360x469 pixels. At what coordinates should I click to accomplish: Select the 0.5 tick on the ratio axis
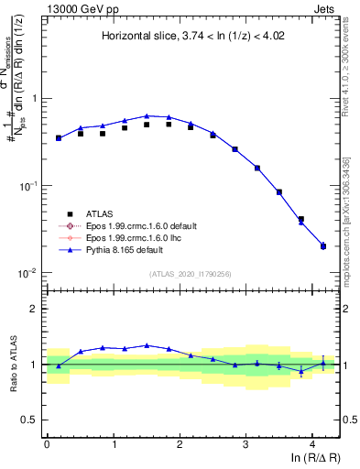click(31, 420)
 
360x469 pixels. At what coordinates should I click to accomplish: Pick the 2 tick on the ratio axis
click(35, 309)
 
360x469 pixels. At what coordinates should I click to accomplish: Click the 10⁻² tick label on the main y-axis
click(27, 273)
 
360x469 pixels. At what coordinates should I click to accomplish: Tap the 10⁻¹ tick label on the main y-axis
click(27, 186)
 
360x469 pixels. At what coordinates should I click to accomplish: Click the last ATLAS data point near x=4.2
click(323, 245)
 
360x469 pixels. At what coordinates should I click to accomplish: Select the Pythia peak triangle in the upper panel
click(147, 116)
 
